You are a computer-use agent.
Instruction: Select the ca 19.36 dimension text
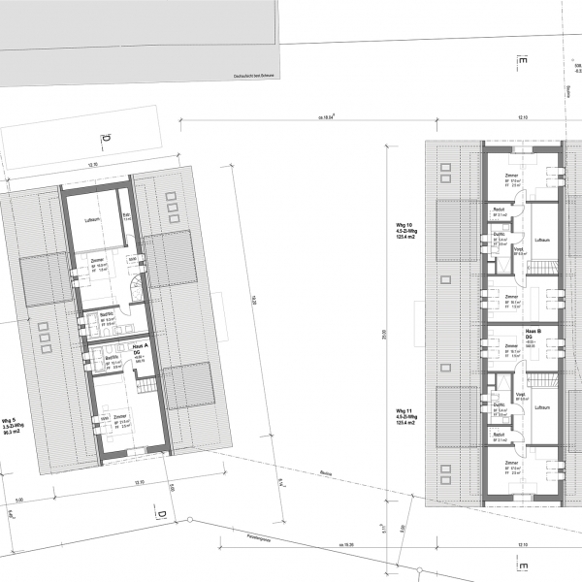pyautogui.click(x=347, y=545)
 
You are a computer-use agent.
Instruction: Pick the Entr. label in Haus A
pyautogui.click(x=125, y=215)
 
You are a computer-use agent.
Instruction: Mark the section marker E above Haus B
pyautogui.click(x=524, y=64)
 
